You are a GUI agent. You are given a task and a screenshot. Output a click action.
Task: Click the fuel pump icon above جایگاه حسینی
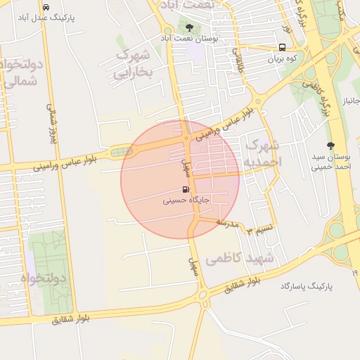(x=185, y=189)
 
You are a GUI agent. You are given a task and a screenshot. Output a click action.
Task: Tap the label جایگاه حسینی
(x=185, y=200)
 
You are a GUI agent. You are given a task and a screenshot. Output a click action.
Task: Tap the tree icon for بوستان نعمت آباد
(x=190, y=27)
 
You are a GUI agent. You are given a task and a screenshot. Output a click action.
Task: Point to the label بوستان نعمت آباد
(x=190, y=38)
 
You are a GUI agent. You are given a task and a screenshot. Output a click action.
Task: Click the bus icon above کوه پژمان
(x=282, y=48)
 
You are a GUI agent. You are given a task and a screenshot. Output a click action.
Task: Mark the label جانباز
(x=349, y=103)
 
